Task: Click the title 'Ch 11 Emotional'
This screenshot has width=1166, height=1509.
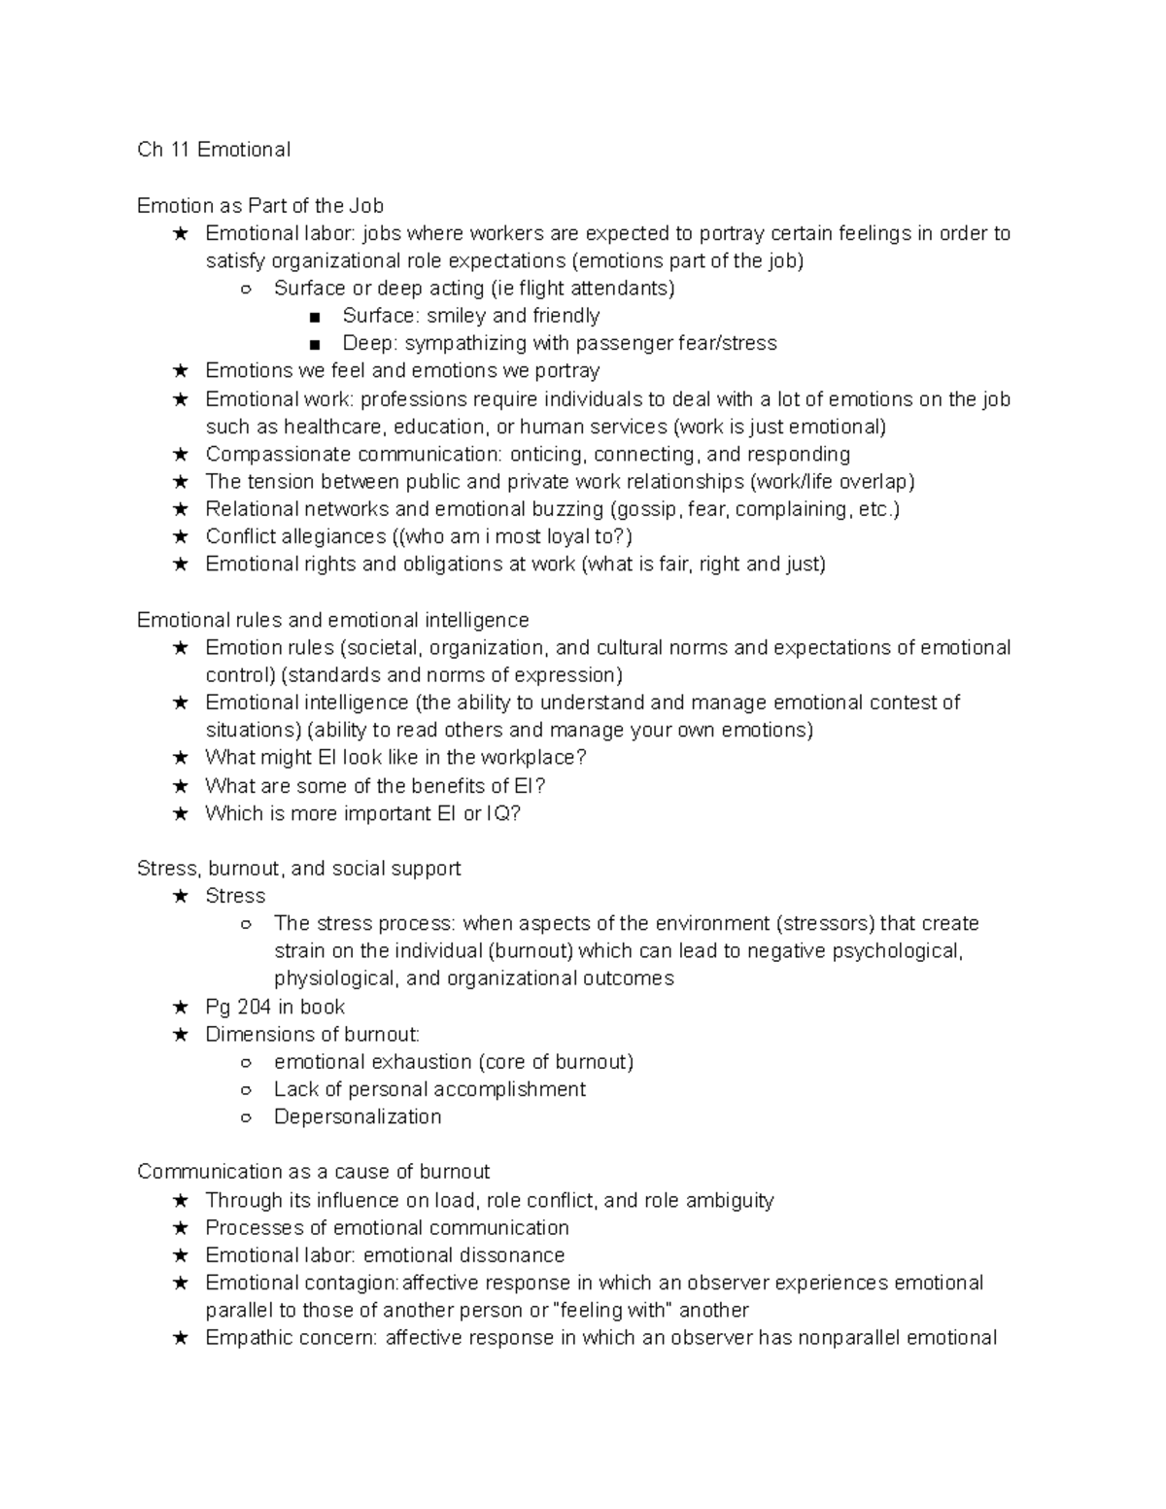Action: click(x=214, y=150)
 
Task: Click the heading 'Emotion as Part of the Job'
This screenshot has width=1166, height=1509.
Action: click(x=260, y=206)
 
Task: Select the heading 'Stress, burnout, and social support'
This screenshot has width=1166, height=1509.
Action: click(x=299, y=869)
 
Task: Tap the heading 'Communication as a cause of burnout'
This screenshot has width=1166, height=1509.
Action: click(x=313, y=1172)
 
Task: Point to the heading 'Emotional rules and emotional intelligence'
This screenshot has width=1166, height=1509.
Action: click(x=333, y=621)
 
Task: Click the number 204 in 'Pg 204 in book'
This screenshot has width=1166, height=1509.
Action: click(x=255, y=1008)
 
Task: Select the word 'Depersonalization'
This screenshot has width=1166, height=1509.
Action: click(x=358, y=1117)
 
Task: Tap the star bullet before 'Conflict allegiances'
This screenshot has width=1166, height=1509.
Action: click(x=180, y=537)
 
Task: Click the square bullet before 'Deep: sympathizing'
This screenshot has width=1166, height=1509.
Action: click(x=313, y=344)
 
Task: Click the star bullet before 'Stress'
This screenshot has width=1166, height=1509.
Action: click(x=180, y=897)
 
